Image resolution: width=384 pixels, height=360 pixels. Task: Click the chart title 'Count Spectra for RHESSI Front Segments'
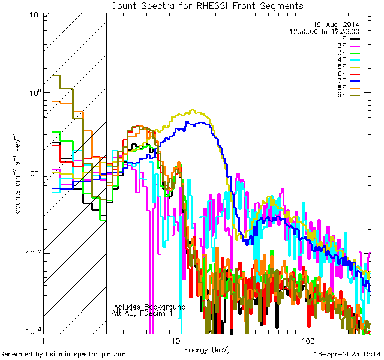coord(207,5)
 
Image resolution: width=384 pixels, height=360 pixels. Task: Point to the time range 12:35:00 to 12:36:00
coord(325,31)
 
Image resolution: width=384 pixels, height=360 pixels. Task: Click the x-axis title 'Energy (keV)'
coord(207,349)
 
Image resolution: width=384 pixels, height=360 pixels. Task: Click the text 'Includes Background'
coord(149,307)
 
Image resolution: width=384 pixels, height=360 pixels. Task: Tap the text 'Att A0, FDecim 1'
coord(142,313)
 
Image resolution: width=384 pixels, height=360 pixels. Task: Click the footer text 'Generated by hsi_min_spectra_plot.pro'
coord(63,354)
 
